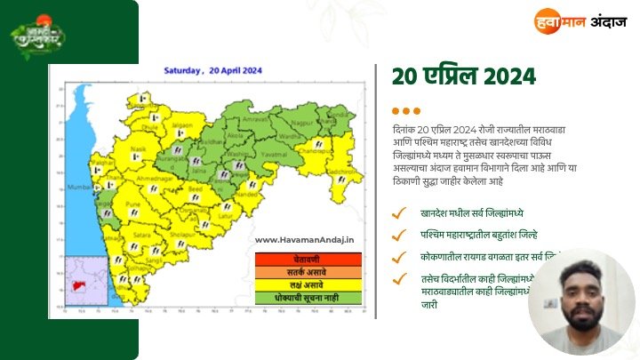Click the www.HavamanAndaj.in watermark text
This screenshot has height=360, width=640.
coord(304,239)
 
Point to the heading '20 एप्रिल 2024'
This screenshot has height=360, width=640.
coord(464,76)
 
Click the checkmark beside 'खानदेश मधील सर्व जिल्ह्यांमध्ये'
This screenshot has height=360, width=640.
coord(401,213)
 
